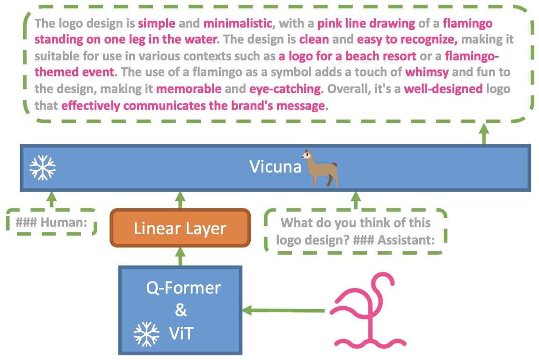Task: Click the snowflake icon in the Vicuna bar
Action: pos(43,168)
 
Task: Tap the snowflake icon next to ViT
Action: pos(146,334)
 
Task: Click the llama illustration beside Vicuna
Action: pos(320,168)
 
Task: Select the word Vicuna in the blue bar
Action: pos(275,166)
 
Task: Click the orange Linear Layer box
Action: pos(180,228)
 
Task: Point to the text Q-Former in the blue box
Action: pos(183,288)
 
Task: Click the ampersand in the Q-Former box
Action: pos(181,310)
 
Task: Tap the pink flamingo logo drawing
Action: pos(368,310)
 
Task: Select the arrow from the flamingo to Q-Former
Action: pos(284,310)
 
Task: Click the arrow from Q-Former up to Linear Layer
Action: pos(180,256)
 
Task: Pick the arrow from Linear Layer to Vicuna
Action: pos(180,200)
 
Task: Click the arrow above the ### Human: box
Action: pos(51,200)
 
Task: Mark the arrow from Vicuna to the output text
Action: pos(484,134)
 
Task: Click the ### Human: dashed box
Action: pos(51,222)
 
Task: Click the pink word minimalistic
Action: pos(238,23)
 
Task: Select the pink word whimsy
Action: pos(427,72)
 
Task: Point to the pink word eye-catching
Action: pos(285,89)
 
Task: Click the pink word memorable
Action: pos(189,89)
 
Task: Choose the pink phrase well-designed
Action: pos(444,89)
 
